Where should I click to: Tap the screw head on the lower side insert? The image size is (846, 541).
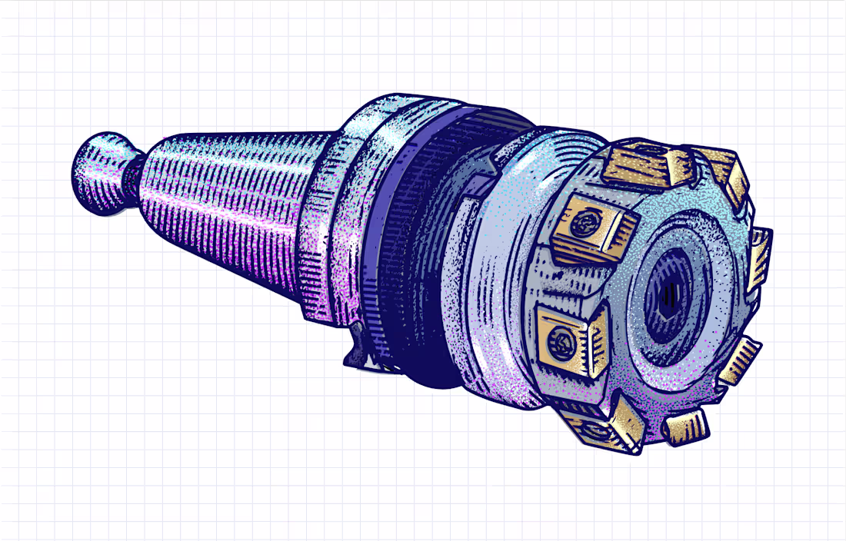click(560, 338)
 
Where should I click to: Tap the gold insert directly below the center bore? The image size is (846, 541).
click(686, 426)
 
